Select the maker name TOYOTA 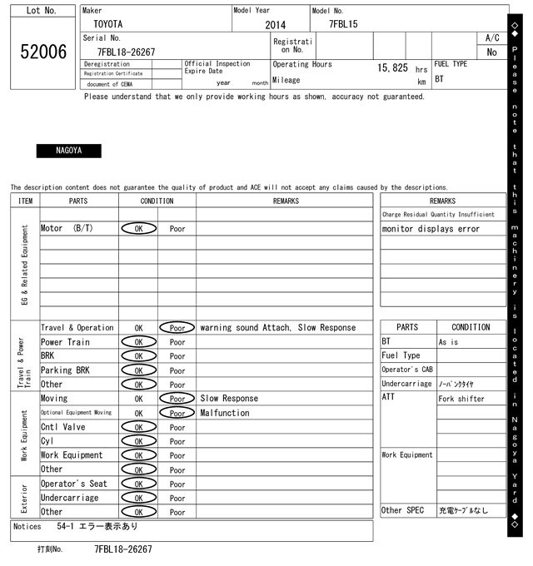point(107,25)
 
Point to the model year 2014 point(275,25)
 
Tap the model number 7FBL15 point(343,25)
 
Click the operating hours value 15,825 point(392,67)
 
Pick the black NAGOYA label point(68,151)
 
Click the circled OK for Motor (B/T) point(138,228)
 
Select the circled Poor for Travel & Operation point(177,328)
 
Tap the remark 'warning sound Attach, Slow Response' point(277,328)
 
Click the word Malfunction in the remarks point(224,413)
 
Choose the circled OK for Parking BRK point(138,370)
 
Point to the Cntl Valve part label point(63,427)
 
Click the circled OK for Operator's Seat point(138,484)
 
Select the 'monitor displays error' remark point(431,229)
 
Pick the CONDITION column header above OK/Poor point(157,201)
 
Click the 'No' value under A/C point(491,52)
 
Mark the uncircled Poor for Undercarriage point(177,498)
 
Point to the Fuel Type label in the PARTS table point(401,356)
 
